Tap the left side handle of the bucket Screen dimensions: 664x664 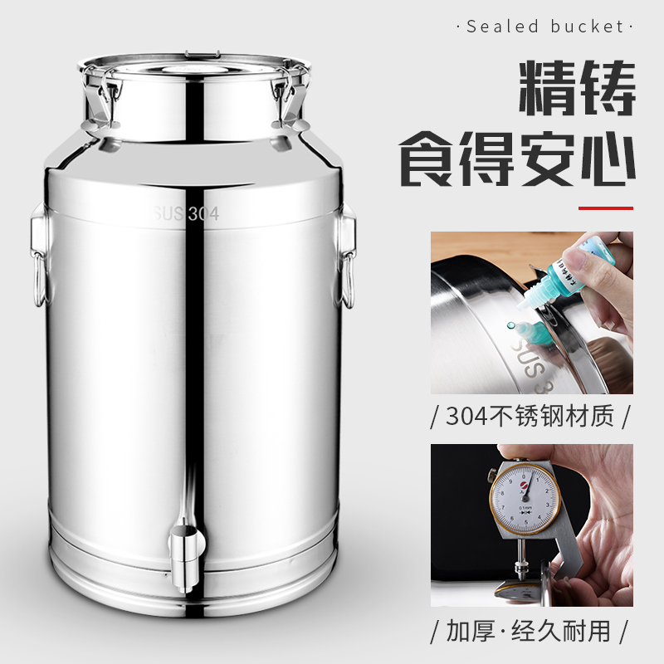point(37,253)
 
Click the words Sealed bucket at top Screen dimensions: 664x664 point(544,27)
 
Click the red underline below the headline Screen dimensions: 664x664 point(605,207)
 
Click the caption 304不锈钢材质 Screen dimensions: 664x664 point(531,415)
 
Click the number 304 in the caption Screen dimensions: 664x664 point(466,415)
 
